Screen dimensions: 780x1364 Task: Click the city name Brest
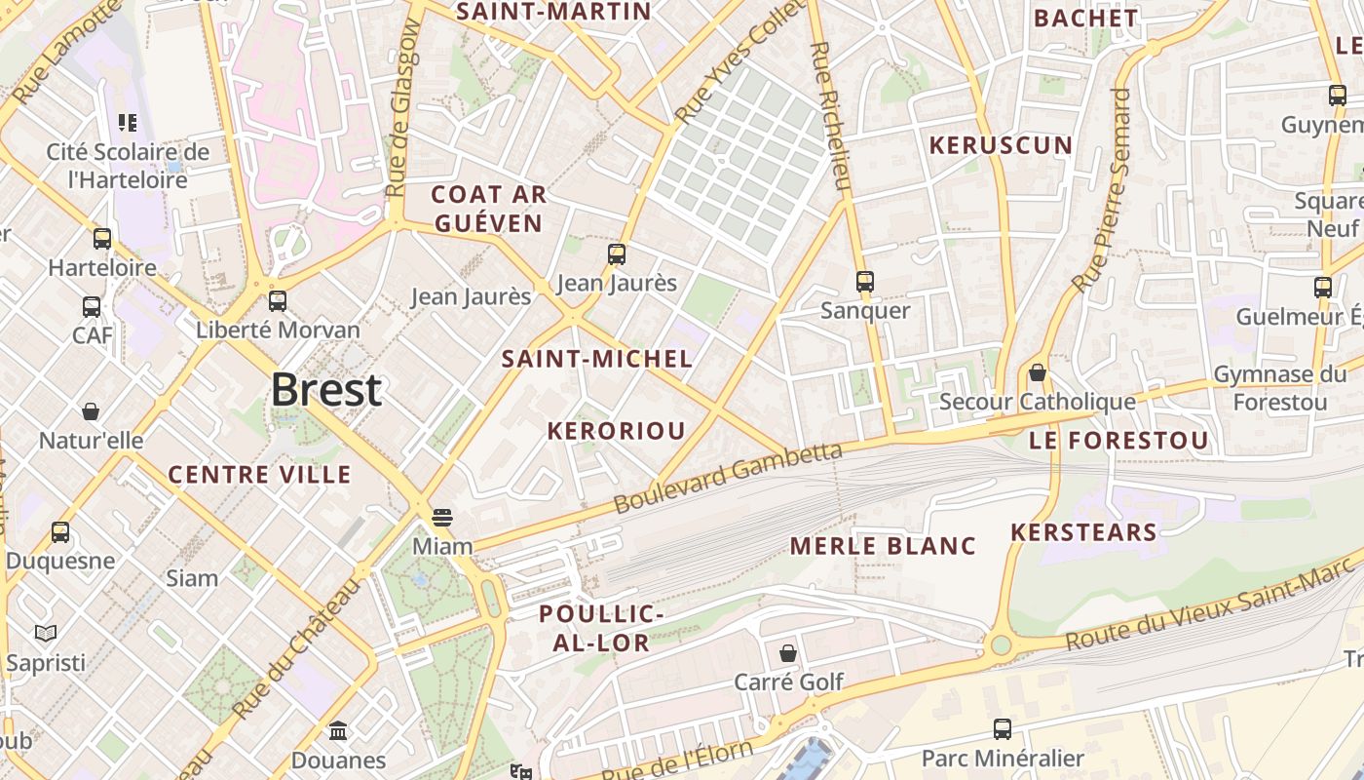pos(325,390)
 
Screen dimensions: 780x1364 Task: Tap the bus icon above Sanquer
pos(864,282)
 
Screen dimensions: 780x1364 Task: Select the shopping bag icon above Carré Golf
pos(787,652)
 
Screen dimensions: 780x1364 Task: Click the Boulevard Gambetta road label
pos(728,478)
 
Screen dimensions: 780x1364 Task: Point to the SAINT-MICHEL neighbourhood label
pos(597,358)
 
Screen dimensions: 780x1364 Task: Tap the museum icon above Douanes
pos(338,730)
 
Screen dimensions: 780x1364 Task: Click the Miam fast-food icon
pos(442,517)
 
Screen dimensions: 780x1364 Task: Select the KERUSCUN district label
pos(1001,145)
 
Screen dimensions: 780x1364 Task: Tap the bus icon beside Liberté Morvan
pos(278,300)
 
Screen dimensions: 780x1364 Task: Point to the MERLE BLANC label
pos(883,546)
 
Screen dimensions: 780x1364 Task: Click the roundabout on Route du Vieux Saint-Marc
pos(1000,644)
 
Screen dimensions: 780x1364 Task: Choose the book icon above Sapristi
pos(46,634)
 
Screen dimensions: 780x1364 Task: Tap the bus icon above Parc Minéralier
pos(1002,728)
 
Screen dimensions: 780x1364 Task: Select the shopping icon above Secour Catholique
pos(1038,372)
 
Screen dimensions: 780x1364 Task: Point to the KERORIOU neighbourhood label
pos(616,430)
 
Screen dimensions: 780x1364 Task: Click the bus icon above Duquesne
pos(60,532)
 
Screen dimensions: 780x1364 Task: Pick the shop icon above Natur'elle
pos(91,411)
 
